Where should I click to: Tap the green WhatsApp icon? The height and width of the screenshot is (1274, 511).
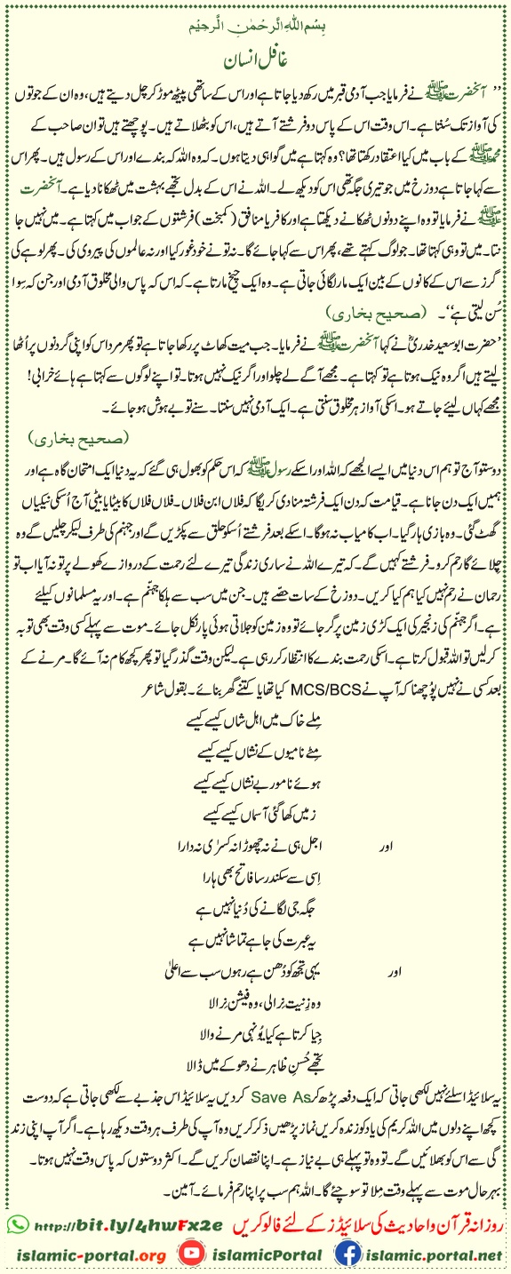16,1223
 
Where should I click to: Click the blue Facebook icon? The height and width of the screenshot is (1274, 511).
349,1254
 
